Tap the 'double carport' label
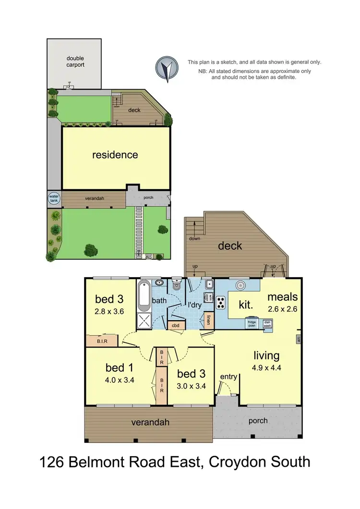pos(75,61)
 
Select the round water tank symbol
pos(54,199)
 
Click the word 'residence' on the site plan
pos(115,155)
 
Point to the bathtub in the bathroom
pos(144,297)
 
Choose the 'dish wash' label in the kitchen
pos(267,324)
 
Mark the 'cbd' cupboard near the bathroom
pos(176,325)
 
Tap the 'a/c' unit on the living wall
pos(299,339)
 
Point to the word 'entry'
pos(228,377)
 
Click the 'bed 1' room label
pos(119,368)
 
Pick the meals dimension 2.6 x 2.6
pos(282,309)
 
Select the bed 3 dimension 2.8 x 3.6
pos(109,311)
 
